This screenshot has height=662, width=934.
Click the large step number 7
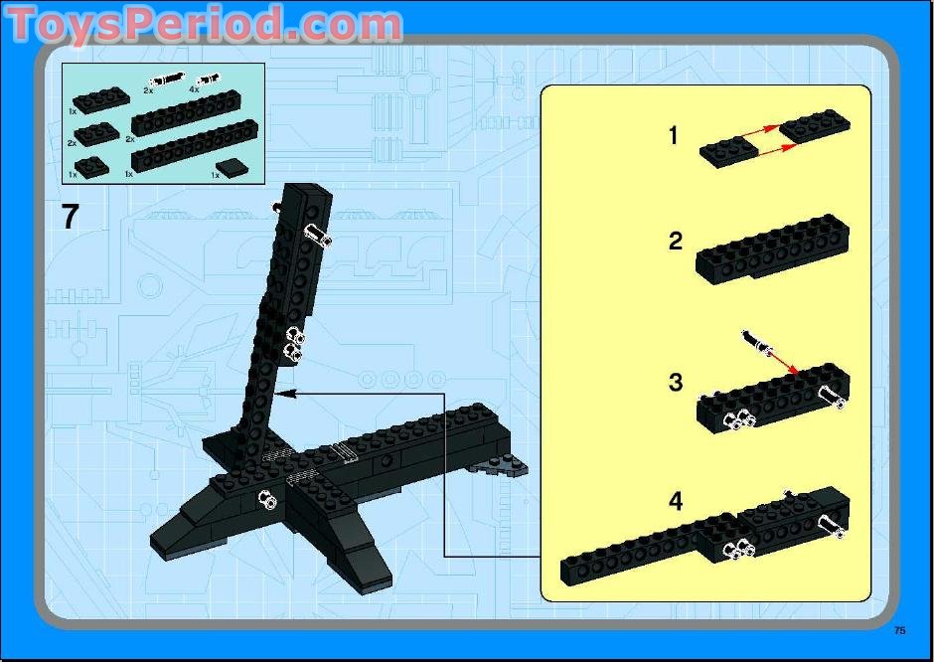pyautogui.click(x=70, y=216)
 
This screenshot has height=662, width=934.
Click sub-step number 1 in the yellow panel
pyautogui.click(x=674, y=135)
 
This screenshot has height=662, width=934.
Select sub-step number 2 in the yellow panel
pyautogui.click(x=676, y=241)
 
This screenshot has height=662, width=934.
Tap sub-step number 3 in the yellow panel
pyautogui.click(x=676, y=383)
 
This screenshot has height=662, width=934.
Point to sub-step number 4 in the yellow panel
pyautogui.click(x=676, y=502)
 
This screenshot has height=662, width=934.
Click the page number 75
pyautogui.click(x=899, y=630)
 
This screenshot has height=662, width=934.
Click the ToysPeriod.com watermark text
pyautogui.click(x=204, y=25)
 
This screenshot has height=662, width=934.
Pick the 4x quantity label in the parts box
pyautogui.click(x=194, y=89)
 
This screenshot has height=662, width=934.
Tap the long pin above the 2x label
pyautogui.click(x=165, y=79)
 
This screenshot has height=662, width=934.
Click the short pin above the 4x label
pyautogui.click(x=209, y=78)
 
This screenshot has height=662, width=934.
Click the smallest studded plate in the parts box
pyautogui.click(x=90, y=165)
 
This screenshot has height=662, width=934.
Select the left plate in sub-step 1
pyautogui.click(x=729, y=153)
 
